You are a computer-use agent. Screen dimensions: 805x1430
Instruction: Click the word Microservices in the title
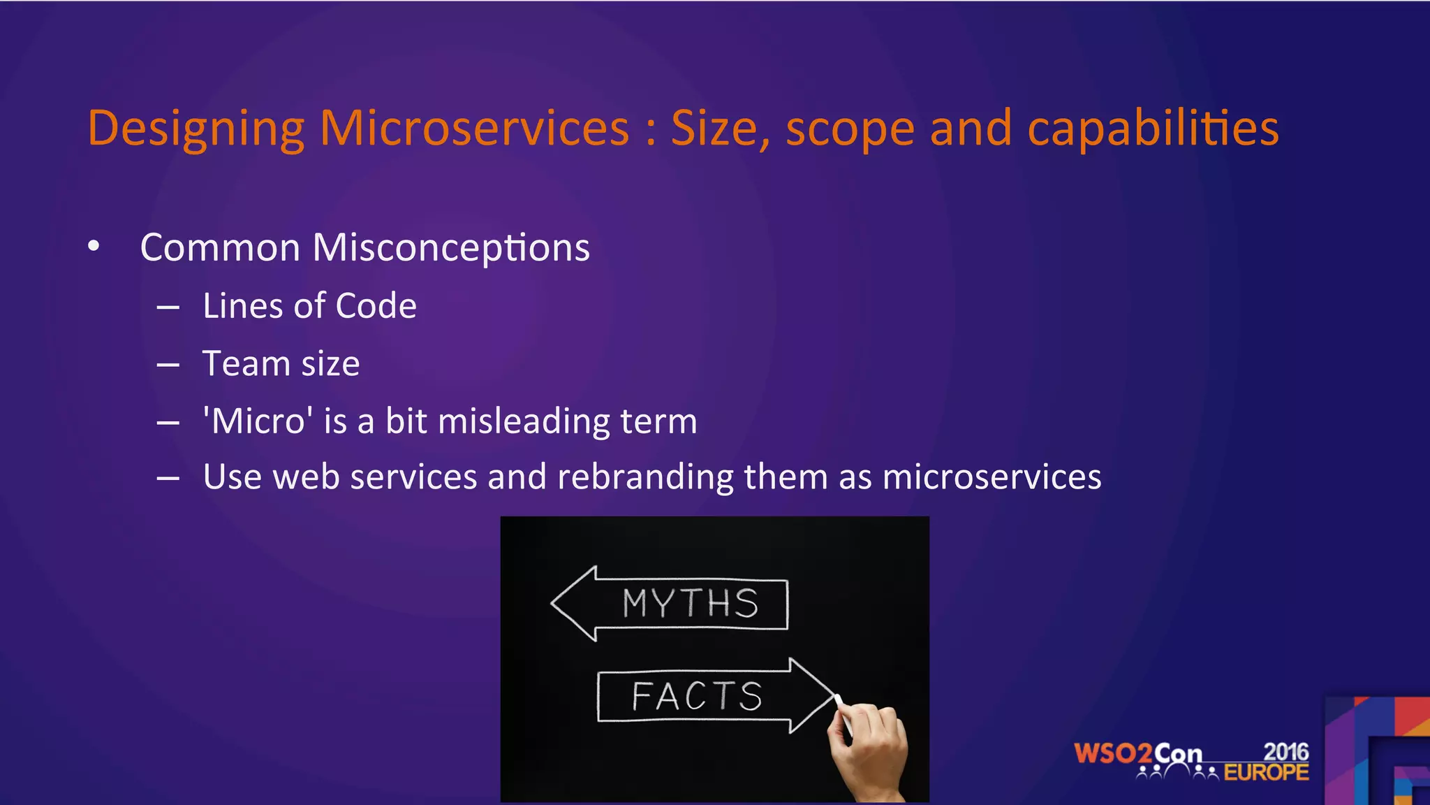[x=475, y=129]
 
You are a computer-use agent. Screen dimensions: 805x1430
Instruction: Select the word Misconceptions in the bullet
[x=451, y=247]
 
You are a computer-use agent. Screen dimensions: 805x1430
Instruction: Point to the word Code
[x=376, y=306]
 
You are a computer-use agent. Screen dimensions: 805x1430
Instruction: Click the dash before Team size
[x=168, y=365]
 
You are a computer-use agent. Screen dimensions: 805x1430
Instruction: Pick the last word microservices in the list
[x=992, y=477]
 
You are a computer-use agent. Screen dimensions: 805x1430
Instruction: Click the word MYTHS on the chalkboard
[x=690, y=604]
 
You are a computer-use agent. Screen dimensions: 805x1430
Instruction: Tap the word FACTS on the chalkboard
[x=697, y=697]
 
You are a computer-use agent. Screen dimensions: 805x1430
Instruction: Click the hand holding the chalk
[x=869, y=751]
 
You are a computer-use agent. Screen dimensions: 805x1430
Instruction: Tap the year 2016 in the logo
[x=1286, y=752]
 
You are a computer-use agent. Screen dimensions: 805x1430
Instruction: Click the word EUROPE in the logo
[x=1266, y=772]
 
